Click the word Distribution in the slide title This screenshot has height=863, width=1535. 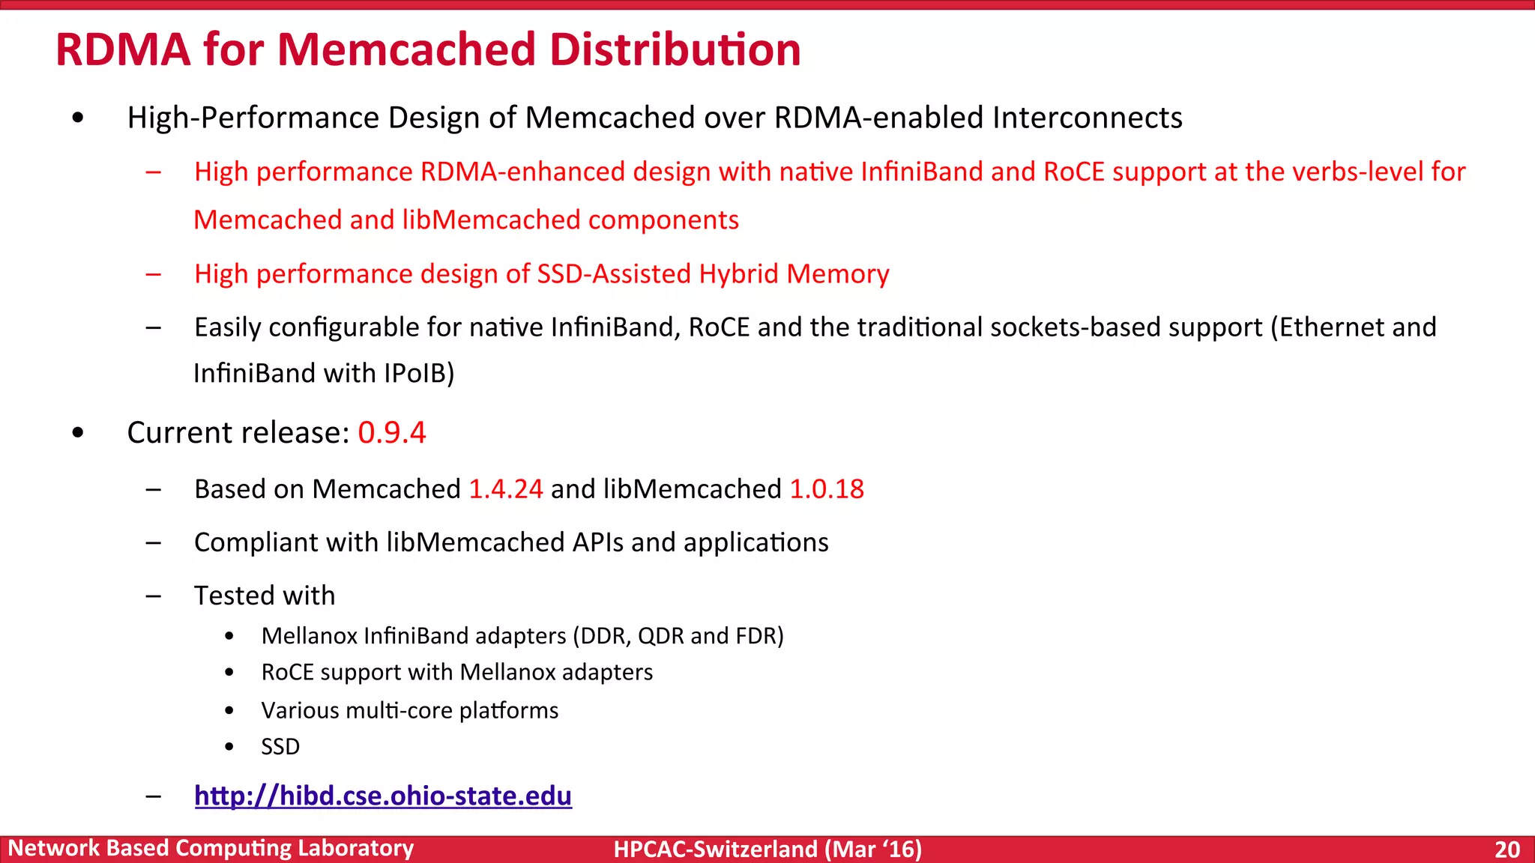675,49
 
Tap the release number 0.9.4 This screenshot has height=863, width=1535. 392,433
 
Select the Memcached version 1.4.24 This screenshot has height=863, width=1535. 506,489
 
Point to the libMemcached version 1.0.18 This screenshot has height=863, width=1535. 827,489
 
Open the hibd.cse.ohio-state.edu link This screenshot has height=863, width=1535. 383,796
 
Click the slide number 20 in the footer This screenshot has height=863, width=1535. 1507,849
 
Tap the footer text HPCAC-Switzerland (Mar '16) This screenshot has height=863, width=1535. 767,849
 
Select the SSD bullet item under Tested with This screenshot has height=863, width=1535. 280,747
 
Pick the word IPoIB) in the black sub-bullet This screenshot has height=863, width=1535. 419,373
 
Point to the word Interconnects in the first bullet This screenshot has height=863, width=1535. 1087,118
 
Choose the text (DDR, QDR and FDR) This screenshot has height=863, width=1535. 678,636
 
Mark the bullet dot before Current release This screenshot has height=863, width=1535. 78,434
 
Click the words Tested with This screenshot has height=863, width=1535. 265,596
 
